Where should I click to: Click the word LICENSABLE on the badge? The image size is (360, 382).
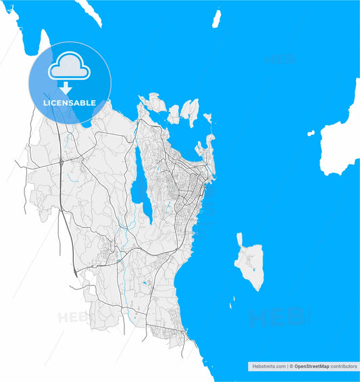tap(70, 103)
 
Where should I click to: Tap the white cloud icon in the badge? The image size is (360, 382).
tap(70, 67)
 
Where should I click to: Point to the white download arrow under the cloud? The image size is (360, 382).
tap(66, 88)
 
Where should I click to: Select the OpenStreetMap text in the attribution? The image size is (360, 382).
tap(311, 366)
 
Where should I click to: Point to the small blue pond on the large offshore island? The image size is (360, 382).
tap(253, 270)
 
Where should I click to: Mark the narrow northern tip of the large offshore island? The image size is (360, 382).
tap(239, 238)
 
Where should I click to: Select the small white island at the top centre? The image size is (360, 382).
tap(216, 18)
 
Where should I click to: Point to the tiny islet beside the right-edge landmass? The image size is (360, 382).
tap(311, 133)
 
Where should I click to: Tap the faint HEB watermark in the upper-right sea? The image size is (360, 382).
tap(279, 59)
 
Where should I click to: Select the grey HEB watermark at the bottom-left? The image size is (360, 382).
tap(76, 317)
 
